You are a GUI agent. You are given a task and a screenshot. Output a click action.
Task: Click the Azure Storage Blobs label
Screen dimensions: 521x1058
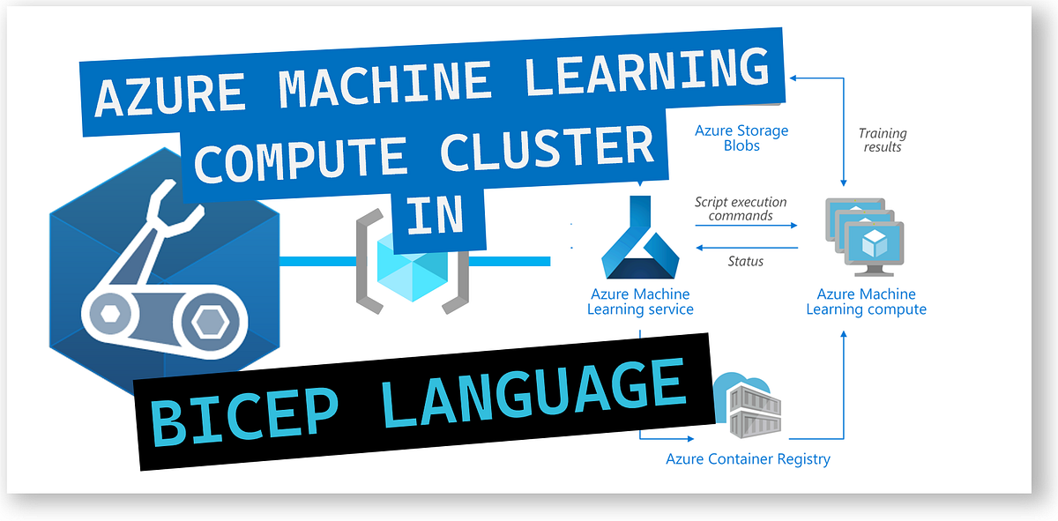click(741, 138)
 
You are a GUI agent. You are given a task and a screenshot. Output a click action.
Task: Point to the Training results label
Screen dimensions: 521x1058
click(883, 140)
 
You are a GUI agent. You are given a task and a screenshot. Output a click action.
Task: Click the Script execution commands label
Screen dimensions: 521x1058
click(741, 208)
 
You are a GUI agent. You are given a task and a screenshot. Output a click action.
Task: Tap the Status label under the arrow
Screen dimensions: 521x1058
click(745, 261)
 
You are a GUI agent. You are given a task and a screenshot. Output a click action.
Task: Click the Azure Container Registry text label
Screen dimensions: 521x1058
click(748, 458)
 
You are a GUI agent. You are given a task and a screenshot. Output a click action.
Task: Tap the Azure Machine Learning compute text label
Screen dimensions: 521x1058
click(866, 301)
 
